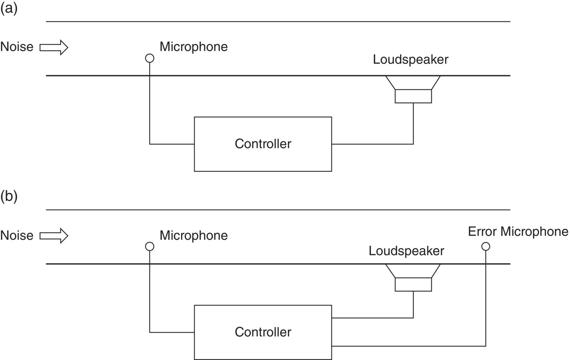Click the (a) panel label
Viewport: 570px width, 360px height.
coord(9,8)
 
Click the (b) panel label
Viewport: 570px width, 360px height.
coord(9,196)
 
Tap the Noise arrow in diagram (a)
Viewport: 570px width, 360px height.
coord(54,47)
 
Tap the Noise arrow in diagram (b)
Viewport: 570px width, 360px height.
coord(54,236)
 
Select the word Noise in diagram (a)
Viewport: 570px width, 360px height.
coord(17,47)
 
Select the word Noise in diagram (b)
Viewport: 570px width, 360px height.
coord(17,235)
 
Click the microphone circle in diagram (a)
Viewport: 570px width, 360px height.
coord(149,58)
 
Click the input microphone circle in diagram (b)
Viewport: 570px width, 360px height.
coord(149,246)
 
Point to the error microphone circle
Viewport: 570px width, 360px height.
coord(486,246)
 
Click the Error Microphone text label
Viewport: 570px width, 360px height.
coord(518,231)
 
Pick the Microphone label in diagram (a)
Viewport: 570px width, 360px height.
coord(194,47)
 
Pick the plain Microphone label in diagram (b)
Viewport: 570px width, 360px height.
coord(194,235)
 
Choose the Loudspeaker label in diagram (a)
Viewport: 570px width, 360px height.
coord(410,60)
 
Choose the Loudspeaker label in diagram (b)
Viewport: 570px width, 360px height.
coord(406,251)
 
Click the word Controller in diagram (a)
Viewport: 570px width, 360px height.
coord(263,144)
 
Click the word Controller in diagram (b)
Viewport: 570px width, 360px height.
coord(263,332)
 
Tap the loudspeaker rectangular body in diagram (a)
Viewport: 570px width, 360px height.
coord(413,96)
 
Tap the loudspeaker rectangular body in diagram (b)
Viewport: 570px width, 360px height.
coord(413,284)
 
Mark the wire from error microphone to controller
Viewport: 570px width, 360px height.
coord(410,346)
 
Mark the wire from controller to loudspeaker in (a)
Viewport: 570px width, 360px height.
coord(373,144)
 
